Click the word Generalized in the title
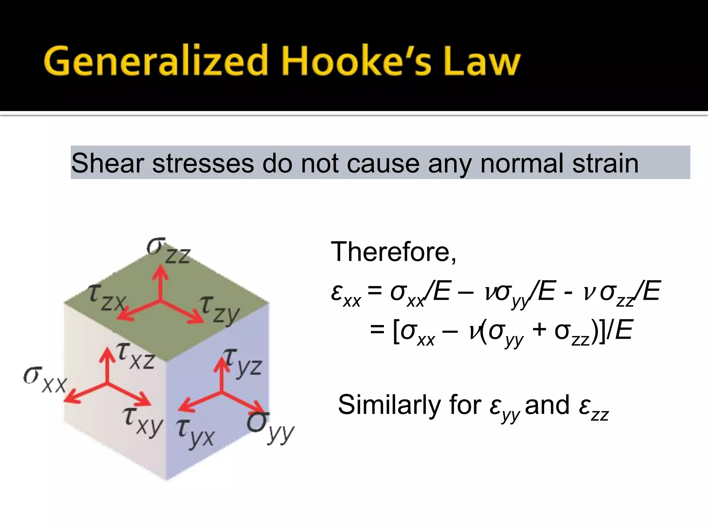(x=156, y=60)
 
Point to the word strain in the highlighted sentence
(x=605, y=163)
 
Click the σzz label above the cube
(x=168, y=251)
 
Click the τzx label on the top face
(x=107, y=298)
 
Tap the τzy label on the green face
(x=220, y=309)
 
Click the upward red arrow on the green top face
(x=160, y=282)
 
